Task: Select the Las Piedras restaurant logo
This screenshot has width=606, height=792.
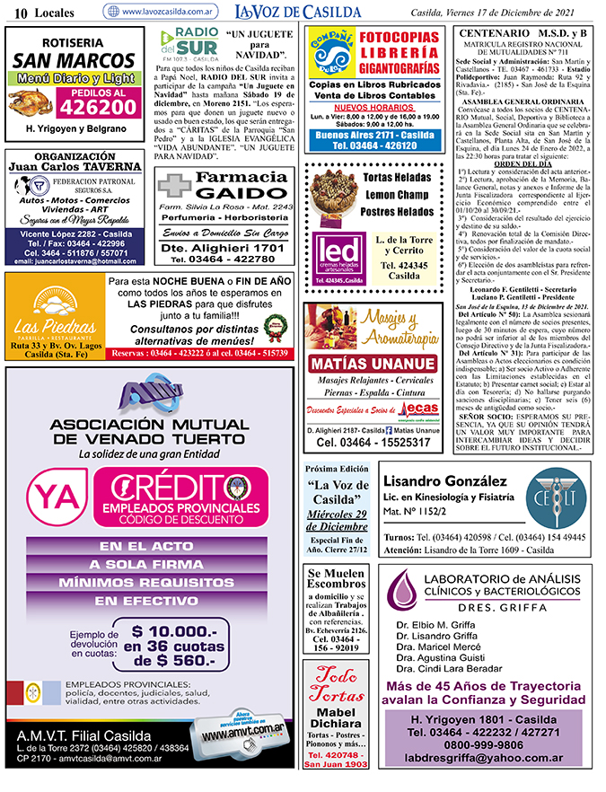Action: click(x=52, y=314)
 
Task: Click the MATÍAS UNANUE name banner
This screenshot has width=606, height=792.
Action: click(x=370, y=364)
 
